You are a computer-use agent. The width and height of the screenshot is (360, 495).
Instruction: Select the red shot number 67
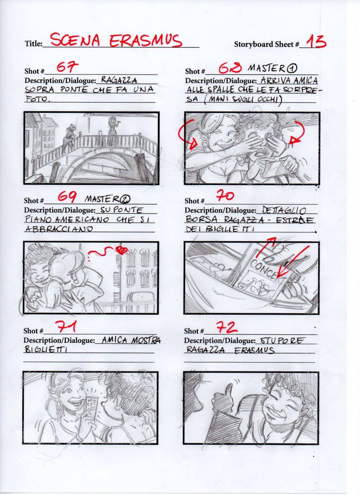click(67, 67)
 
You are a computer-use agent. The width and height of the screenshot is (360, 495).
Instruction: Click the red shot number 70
click(225, 195)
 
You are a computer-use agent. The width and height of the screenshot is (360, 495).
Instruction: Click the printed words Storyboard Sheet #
click(266, 44)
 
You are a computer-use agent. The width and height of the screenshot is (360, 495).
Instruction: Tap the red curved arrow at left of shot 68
click(184, 136)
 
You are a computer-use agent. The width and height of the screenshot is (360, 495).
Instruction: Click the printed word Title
click(33, 44)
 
